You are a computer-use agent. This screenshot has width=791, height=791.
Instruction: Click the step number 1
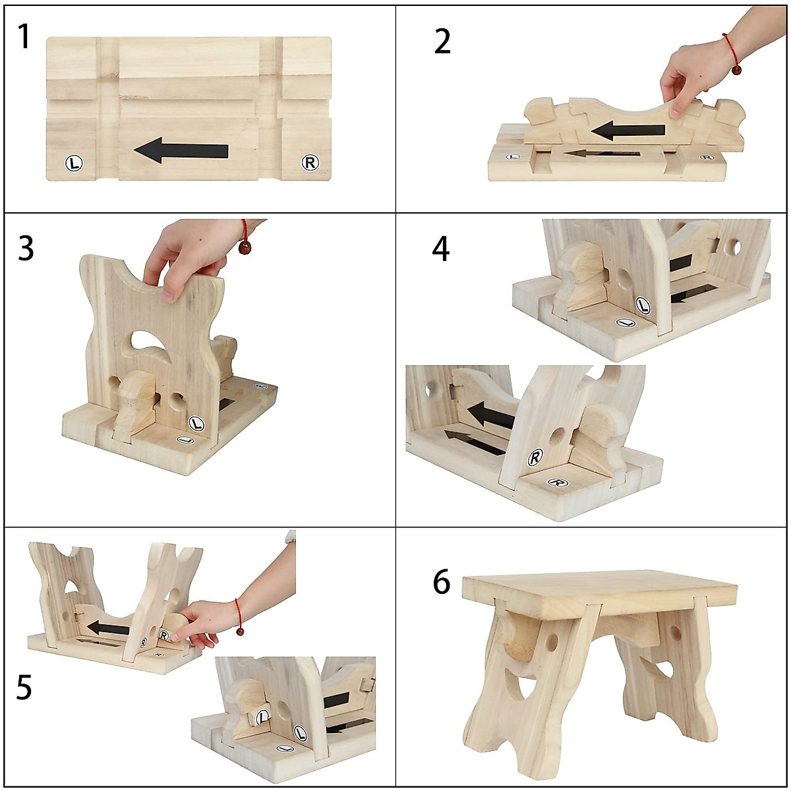click(x=24, y=38)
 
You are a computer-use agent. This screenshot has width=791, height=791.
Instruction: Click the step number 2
click(x=442, y=42)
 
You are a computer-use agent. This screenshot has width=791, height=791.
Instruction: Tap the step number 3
click(x=25, y=249)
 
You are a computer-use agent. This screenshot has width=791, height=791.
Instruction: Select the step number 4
click(x=441, y=249)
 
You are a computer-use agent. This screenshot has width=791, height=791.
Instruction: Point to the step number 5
click(x=24, y=687)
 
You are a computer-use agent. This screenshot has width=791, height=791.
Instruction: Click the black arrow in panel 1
click(x=181, y=150)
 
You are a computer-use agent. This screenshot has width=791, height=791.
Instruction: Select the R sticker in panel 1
click(x=310, y=162)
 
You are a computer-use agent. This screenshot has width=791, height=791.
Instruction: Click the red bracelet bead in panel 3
click(x=245, y=248)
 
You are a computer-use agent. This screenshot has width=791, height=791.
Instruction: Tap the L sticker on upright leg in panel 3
click(x=196, y=423)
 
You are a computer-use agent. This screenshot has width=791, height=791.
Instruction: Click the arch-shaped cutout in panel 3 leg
click(x=150, y=340)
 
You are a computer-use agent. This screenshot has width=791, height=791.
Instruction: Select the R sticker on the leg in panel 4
click(x=535, y=457)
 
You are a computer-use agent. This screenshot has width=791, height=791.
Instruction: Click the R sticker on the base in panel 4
click(x=558, y=483)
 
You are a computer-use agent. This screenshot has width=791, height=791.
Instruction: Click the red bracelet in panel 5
click(x=238, y=616)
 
